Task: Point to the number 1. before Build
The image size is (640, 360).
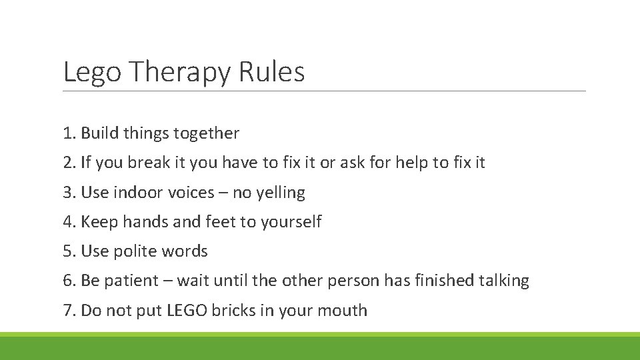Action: (69, 133)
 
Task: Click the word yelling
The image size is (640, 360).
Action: (281, 193)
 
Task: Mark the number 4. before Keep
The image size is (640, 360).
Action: (69, 222)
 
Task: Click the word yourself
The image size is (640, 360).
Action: (291, 222)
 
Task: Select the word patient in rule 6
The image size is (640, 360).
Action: (131, 281)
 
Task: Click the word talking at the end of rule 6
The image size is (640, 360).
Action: (504, 281)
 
